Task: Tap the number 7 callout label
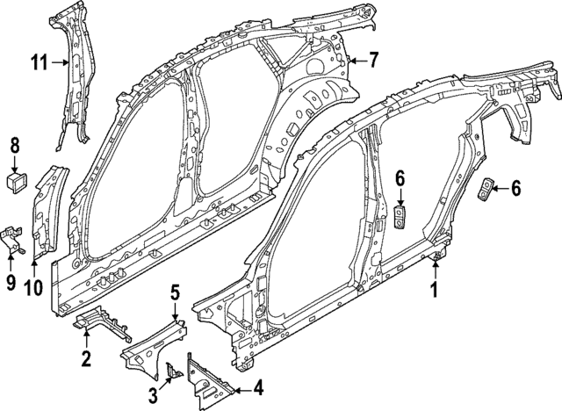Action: click(373, 61)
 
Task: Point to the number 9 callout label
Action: click(12, 284)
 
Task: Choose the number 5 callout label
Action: click(175, 291)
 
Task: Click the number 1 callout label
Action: click(433, 287)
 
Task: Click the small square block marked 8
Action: click(15, 183)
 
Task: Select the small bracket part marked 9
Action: click(12, 236)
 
